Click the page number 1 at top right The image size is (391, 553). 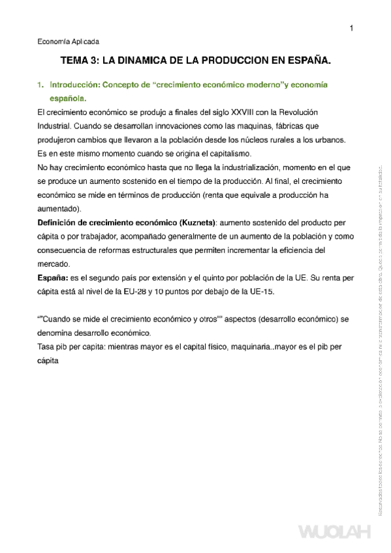(x=351, y=28)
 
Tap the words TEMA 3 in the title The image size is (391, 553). (x=80, y=61)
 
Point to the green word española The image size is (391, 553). (x=67, y=98)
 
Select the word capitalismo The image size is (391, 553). (x=227, y=154)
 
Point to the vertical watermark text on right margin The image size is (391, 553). (x=381, y=339)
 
